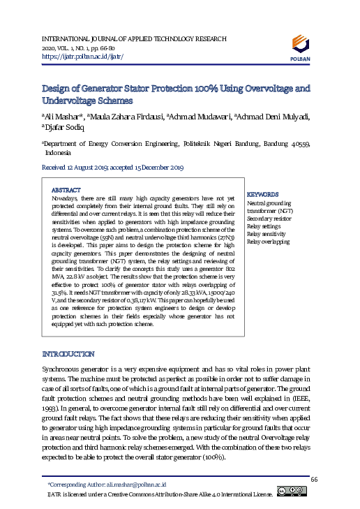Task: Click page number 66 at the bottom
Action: click(x=314, y=478)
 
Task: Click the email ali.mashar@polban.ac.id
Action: click(x=136, y=484)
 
